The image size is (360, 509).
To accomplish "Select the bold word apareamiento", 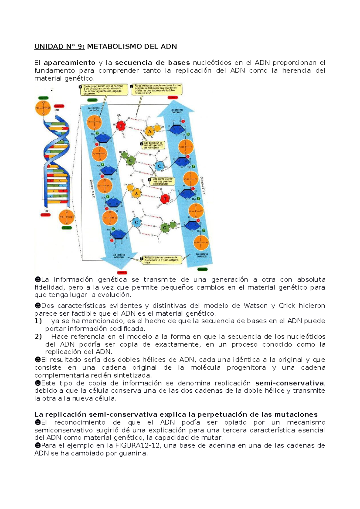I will [x=69, y=63].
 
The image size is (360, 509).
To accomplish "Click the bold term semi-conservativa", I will [x=289, y=383].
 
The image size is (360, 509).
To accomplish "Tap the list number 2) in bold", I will [x=38, y=337].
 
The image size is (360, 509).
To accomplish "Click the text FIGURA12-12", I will [x=140, y=445].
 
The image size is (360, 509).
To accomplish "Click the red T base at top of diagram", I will [x=121, y=126].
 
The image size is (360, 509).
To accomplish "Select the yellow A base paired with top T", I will [x=149, y=131].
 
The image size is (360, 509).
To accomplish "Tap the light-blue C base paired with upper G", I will [x=159, y=166].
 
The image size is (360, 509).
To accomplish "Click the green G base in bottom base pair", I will [x=164, y=228].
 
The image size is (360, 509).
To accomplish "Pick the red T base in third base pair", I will [x=165, y=198].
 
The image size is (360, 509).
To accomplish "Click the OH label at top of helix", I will [x=57, y=110].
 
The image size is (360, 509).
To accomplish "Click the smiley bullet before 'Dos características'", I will [x=37, y=306].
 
